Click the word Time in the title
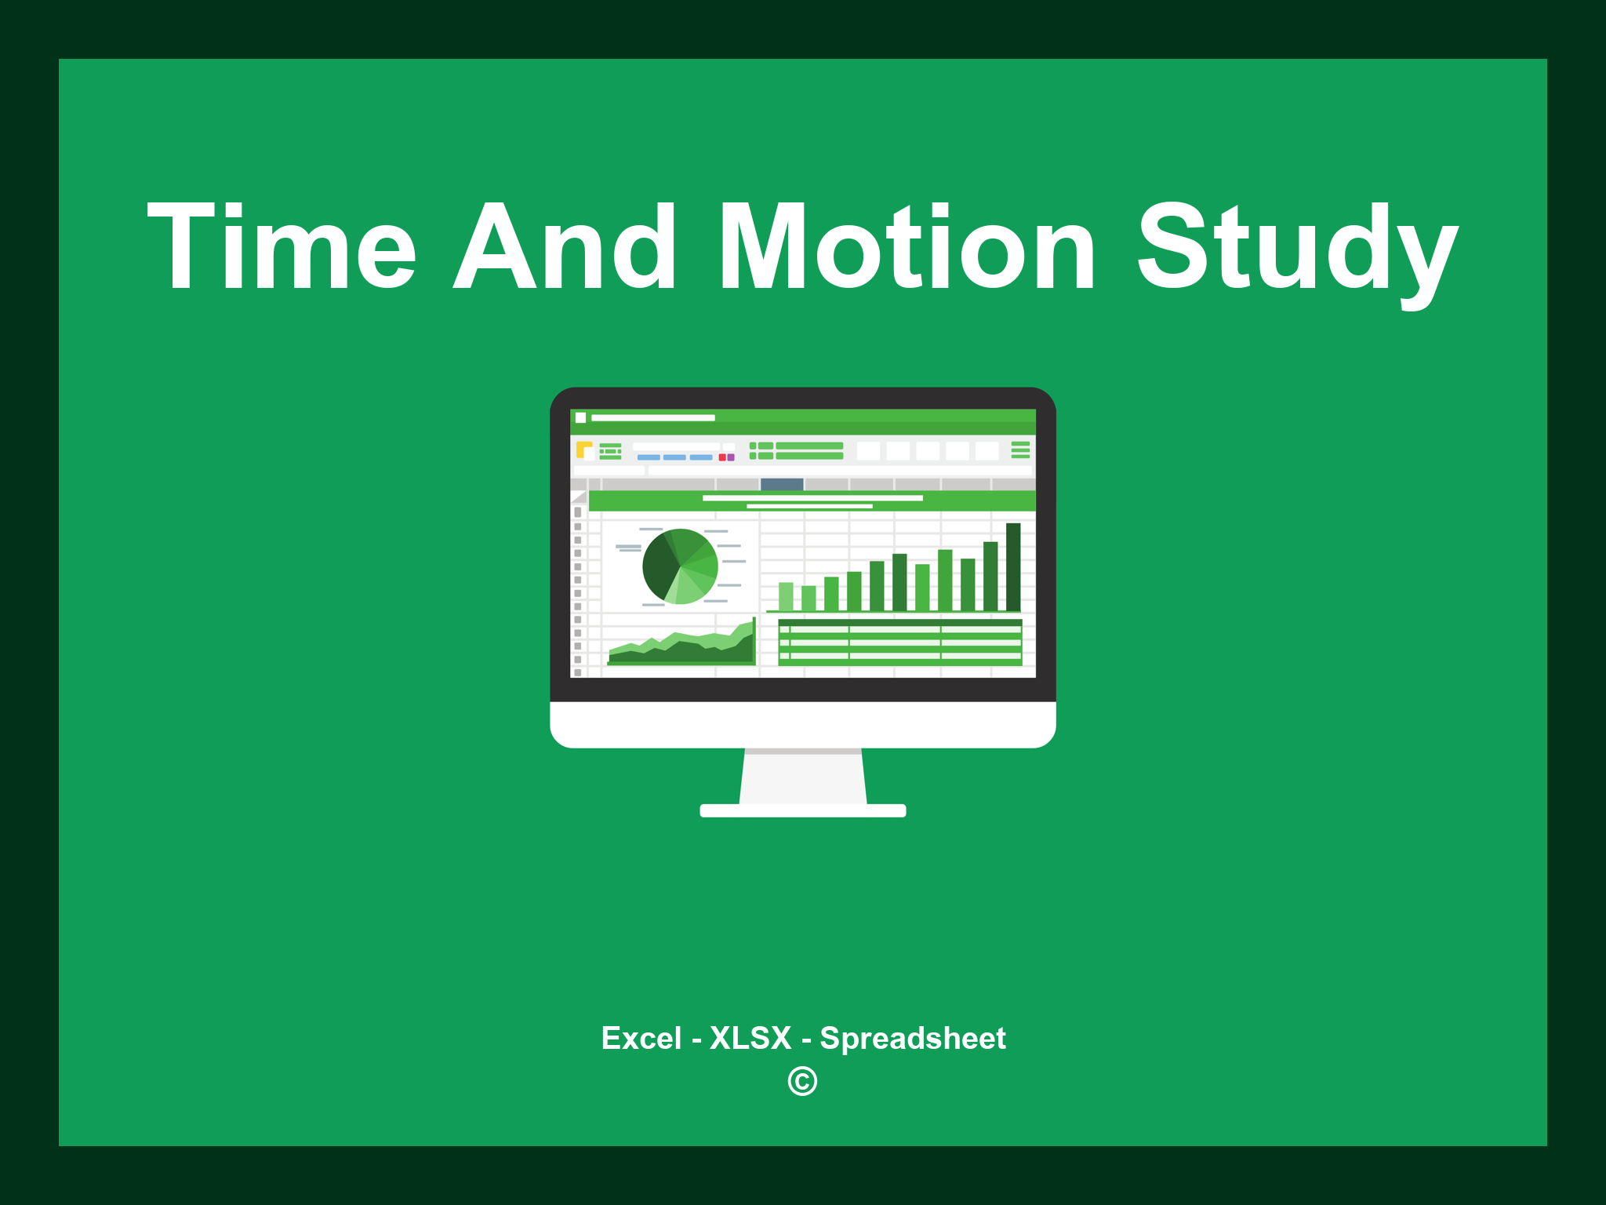(x=282, y=247)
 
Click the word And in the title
(x=565, y=247)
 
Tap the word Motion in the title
(x=907, y=247)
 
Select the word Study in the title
(x=1297, y=251)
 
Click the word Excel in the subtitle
(x=641, y=1038)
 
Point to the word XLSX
(x=750, y=1038)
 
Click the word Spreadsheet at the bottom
(x=912, y=1039)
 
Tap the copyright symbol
(x=802, y=1082)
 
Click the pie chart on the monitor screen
(x=680, y=566)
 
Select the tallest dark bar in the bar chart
(x=1013, y=566)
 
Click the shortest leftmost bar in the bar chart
(x=786, y=596)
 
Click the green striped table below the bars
(x=899, y=643)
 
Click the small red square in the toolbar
(x=722, y=457)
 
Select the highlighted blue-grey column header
(x=782, y=484)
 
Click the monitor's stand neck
(x=803, y=777)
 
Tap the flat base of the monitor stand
(x=803, y=810)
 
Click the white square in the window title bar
(x=581, y=417)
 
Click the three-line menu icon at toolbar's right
(x=1020, y=450)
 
